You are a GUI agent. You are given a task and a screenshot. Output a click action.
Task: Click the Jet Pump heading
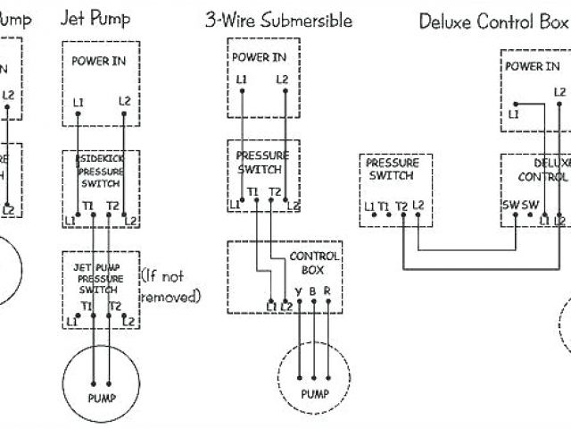click(x=95, y=18)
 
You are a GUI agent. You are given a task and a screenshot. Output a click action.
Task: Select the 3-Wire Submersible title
click(x=278, y=21)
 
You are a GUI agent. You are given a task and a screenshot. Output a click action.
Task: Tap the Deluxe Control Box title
click(x=493, y=21)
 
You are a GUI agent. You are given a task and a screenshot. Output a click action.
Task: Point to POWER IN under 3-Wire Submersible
click(x=260, y=57)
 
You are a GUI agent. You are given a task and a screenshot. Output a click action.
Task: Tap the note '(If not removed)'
click(x=170, y=286)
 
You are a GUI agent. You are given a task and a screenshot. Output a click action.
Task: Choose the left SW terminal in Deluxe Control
click(x=509, y=204)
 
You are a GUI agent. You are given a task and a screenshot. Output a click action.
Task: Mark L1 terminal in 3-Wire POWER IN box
click(x=242, y=80)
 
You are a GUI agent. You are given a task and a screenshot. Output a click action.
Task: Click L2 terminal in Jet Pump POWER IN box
click(x=125, y=101)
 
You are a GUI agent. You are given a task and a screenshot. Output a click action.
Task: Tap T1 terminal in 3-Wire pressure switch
click(x=253, y=192)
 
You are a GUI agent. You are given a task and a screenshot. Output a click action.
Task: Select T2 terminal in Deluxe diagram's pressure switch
click(x=401, y=206)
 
